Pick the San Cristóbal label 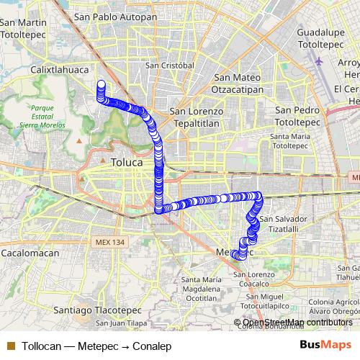170,65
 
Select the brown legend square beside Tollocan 11,346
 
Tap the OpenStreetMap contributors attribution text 297,322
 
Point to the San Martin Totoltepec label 24,30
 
